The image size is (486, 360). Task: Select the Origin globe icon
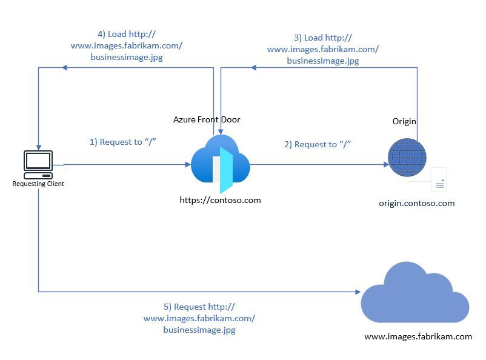pyautogui.click(x=407, y=158)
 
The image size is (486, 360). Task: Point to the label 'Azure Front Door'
pyautogui.click(x=207, y=119)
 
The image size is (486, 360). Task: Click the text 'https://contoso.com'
pyautogui.click(x=220, y=199)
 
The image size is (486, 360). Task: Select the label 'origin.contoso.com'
pyautogui.click(x=417, y=203)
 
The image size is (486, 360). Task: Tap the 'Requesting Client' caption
pyautogui.click(x=38, y=184)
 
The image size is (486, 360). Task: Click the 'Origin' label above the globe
pyautogui.click(x=404, y=121)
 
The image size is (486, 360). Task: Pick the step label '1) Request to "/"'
pyautogui.click(x=124, y=142)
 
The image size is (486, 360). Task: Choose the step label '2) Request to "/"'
pyautogui.click(x=318, y=144)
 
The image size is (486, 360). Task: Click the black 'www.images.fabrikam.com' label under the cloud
pyautogui.click(x=418, y=336)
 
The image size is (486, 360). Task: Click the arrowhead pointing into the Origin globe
pyautogui.click(x=385, y=164)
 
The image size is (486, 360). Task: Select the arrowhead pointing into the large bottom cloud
pyautogui.click(x=358, y=292)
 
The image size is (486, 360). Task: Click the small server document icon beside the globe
pyautogui.click(x=439, y=180)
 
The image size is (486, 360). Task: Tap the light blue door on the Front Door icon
pyautogui.click(x=226, y=170)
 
